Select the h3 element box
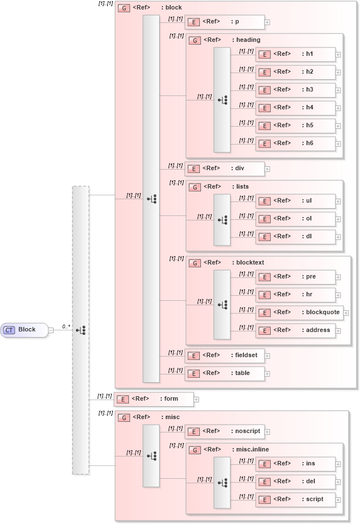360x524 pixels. coord(295,90)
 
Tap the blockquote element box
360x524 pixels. coord(299,313)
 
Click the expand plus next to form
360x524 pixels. coord(196,400)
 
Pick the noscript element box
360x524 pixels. coord(224,431)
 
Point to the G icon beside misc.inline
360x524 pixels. coord(195,450)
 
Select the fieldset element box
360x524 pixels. coord(224,355)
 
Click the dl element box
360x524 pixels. coord(295,237)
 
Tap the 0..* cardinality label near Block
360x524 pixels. coord(65,326)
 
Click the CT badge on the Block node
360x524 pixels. coord(9,330)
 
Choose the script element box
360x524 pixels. coord(295,499)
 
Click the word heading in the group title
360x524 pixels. coord(248,40)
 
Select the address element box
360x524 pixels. coord(295,330)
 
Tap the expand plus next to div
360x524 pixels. coord(267,169)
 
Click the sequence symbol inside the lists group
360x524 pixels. coord(222,220)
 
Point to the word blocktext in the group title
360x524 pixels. coord(250,263)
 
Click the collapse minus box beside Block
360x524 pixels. coord(51,330)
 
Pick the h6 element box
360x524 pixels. coord(295,143)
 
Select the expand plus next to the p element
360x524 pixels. coord(267,22)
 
